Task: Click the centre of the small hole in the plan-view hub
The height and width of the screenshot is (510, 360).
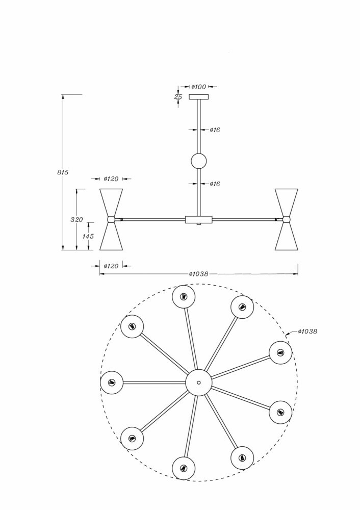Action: pyautogui.click(x=199, y=382)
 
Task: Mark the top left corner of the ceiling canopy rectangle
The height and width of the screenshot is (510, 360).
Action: pyautogui.click(x=189, y=94)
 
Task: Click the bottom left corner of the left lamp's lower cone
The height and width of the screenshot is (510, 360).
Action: pyautogui.click(x=99, y=250)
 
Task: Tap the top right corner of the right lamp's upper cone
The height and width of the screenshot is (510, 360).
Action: pyautogui.click(x=298, y=189)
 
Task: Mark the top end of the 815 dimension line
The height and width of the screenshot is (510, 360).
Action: pyautogui.click(x=63, y=94)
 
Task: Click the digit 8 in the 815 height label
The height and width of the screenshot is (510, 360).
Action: pyautogui.click(x=59, y=172)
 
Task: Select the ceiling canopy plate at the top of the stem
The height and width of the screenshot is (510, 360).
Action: pyautogui.click(x=199, y=96)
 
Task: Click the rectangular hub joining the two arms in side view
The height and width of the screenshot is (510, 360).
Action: pyautogui.click(x=198, y=219)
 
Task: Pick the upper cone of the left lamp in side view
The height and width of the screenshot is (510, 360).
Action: pyautogui.click(x=111, y=202)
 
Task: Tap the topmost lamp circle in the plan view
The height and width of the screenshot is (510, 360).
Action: pyautogui.click(x=184, y=297)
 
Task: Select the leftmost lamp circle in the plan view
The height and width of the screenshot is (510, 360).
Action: pyautogui.click(x=112, y=382)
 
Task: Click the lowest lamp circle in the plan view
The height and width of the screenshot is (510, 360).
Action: pyautogui.click(x=184, y=468)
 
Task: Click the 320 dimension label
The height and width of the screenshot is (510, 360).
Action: pyautogui.click(x=77, y=220)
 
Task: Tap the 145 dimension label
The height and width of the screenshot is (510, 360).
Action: pyautogui.click(x=88, y=237)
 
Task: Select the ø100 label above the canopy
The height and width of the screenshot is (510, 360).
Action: pyautogui.click(x=198, y=87)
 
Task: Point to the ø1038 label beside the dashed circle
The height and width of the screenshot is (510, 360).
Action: pyautogui.click(x=307, y=331)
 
